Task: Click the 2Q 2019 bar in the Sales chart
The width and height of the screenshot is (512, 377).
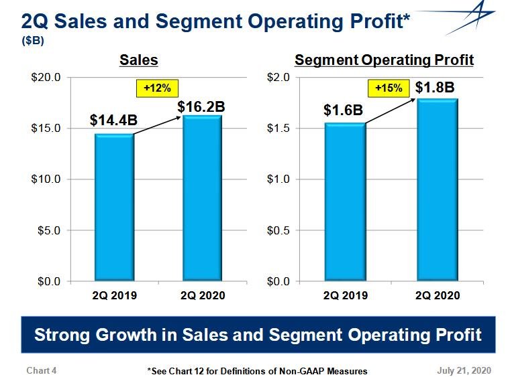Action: tap(113, 208)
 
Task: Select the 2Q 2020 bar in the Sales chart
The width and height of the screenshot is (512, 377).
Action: tap(202, 198)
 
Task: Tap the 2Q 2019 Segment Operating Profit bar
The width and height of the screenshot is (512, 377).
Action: tap(344, 202)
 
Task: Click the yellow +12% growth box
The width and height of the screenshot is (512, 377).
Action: tap(154, 87)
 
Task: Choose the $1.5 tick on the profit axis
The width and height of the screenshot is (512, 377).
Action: tap(278, 129)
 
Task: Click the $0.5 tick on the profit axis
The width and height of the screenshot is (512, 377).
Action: tap(278, 230)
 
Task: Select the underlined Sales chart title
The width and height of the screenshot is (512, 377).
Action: tap(139, 60)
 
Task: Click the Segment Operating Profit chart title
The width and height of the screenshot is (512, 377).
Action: tap(385, 60)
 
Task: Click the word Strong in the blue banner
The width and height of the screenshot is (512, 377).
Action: tap(66, 334)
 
